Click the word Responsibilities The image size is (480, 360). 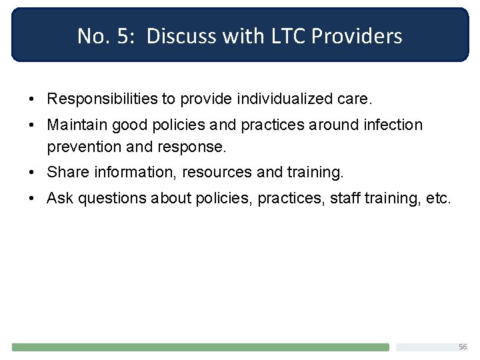[102, 99]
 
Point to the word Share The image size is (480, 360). [68, 172]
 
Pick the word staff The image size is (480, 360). [343, 198]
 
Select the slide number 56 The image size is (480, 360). [463, 347]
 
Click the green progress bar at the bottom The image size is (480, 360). [200, 347]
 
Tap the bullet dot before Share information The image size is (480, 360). [32, 173]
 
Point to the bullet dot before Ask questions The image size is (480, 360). [32, 199]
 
